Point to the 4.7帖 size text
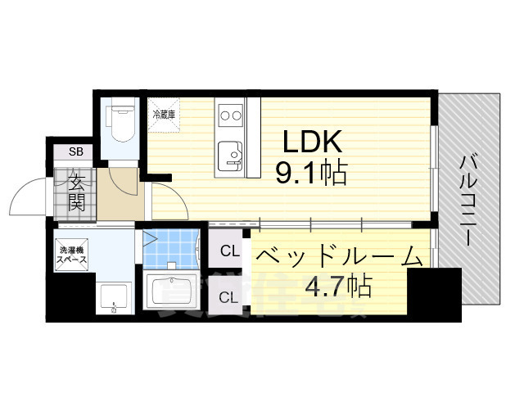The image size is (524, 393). click(339, 287)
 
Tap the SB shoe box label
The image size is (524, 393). click(75, 151)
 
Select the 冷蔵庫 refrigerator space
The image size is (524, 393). click(161, 114)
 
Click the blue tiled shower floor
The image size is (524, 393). click(172, 246)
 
